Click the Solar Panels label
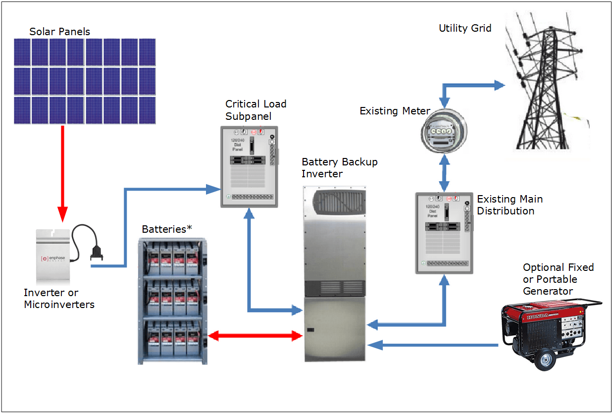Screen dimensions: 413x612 tap(59, 32)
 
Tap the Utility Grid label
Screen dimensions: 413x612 tap(465, 28)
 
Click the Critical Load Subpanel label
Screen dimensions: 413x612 tap(255, 110)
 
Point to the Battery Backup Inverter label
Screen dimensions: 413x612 tap(339, 168)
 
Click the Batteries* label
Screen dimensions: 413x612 tap(167, 229)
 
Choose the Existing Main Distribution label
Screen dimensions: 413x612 tap(510, 205)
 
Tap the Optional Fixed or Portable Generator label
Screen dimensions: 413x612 tap(558, 279)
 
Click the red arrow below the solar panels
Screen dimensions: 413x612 tap(62, 173)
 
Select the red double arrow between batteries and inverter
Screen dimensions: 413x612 tap(255, 336)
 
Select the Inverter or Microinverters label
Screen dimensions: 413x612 tap(59, 299)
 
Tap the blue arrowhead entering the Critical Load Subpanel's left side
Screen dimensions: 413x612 tap(213, 188)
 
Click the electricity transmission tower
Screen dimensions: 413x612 tap(545, 84)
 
